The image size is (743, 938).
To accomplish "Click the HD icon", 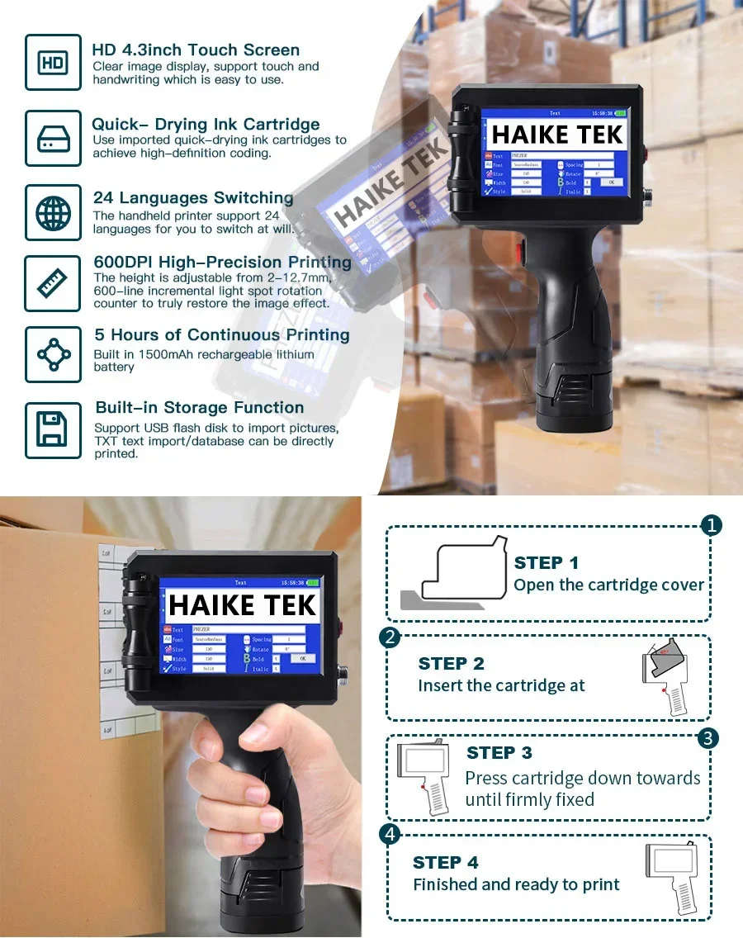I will [53, 62].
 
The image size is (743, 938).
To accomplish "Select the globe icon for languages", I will [53, 212].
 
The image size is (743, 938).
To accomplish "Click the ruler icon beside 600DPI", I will [53, 283].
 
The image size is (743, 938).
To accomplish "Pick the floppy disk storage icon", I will [53, 429].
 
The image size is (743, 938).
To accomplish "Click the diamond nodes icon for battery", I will [53, 354].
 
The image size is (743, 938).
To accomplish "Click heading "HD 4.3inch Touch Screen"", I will [196, 50].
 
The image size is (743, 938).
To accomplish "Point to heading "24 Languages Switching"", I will [193, 197].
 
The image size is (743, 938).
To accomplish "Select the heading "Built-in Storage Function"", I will [200, 407].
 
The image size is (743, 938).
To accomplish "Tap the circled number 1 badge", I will [711, 525].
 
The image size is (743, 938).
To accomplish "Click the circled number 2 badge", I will [389, 637].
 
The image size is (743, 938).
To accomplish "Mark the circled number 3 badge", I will [708, 737].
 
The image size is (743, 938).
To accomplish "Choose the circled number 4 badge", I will [389, 835].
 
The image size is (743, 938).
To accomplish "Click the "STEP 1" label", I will [546, 563].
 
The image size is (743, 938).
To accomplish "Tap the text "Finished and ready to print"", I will [516, 884].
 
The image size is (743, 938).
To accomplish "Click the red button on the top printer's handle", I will [521, 251].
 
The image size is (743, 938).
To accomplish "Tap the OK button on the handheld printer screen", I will [302, 658].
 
